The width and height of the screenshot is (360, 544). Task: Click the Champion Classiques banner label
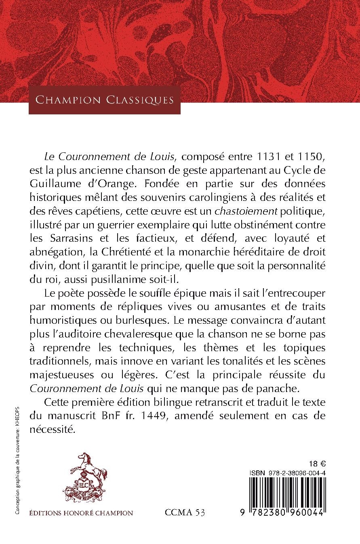coord(105,99)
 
